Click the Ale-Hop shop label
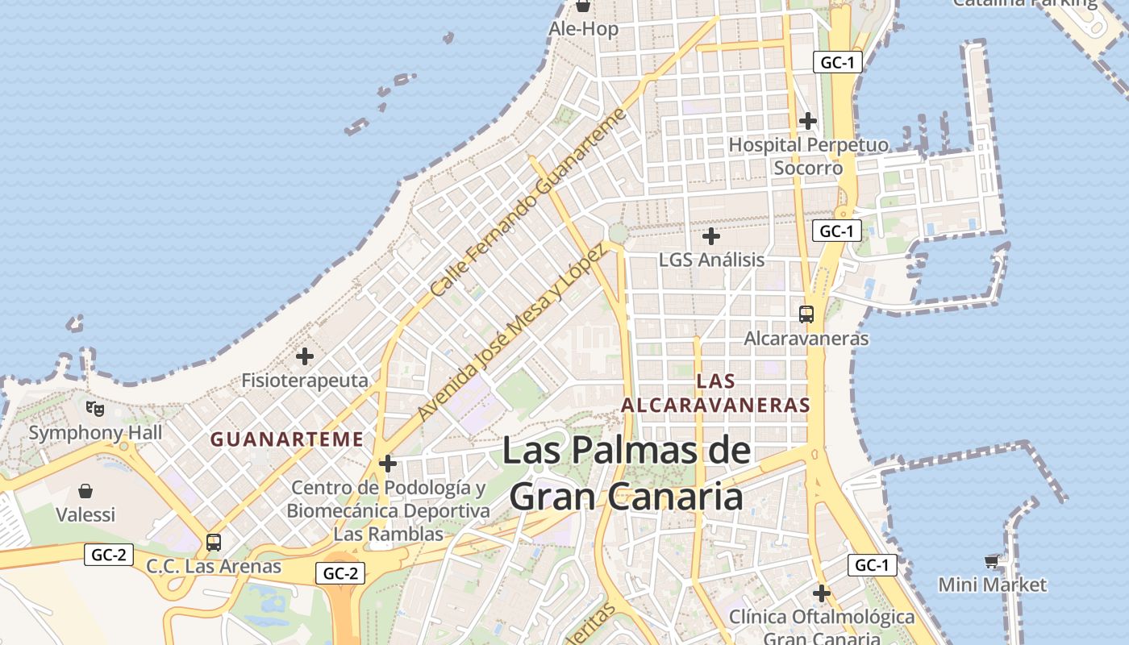coord(584,29)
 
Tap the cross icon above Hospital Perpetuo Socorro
coord(807,121)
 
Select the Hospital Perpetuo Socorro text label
coord(808,156)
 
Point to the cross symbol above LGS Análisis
coord(710,236)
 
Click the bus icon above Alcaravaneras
coord(806,314)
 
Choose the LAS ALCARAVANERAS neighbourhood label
coord(715,393)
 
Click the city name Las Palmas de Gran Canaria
coord(627,473)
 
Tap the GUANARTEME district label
coord(287,439)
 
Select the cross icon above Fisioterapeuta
coord(305,356)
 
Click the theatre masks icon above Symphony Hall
coord(95,409)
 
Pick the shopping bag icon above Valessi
coord(85,490)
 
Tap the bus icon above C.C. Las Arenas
coord(213,543)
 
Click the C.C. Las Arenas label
coord(214,566)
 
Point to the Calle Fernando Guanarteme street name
coord(528,202)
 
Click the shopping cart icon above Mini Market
coord(992,561)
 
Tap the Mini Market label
coord(992,585)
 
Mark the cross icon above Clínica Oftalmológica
coord(822,593)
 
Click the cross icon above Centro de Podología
coord(388,464)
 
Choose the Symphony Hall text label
coord(95,433)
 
